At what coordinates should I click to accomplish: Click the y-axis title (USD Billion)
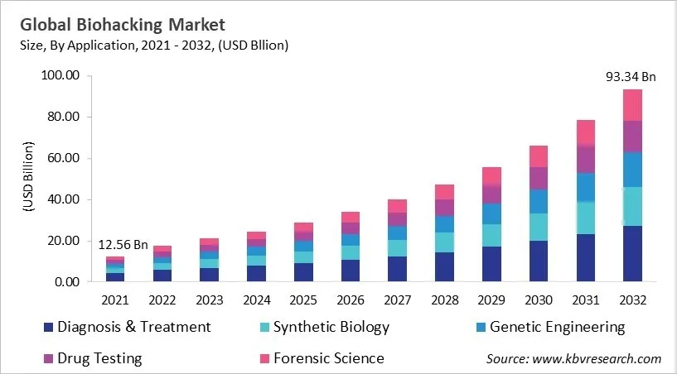coord(28,179)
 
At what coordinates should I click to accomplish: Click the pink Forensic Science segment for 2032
coord(632,105)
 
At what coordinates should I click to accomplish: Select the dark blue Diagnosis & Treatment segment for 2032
coord(632,253)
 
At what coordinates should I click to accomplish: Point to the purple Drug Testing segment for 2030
coord(539,178)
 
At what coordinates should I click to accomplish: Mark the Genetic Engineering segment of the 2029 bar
coord(491,213)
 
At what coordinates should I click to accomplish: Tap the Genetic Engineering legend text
coord(557,327)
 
